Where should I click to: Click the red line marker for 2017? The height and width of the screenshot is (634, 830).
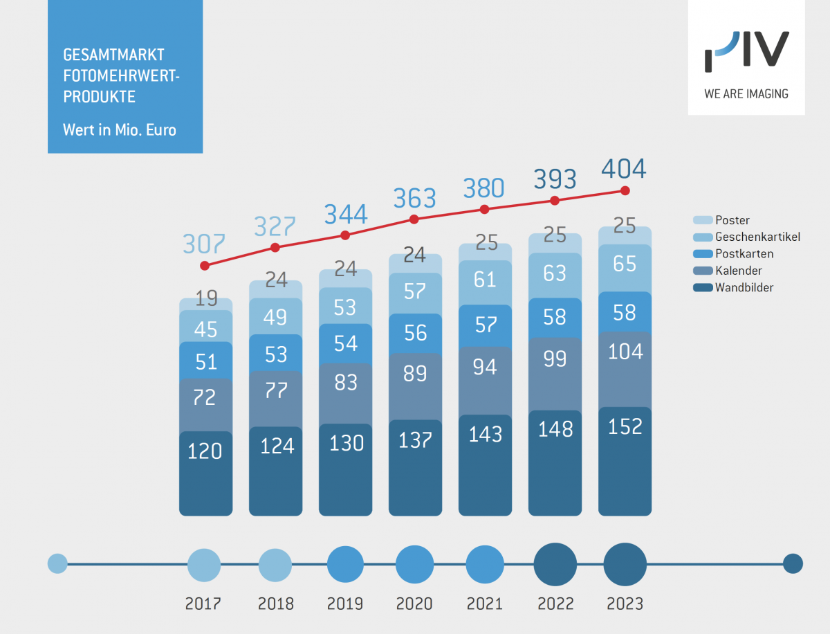coord(205,265)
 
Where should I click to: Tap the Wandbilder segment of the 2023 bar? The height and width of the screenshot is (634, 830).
coord(625,460)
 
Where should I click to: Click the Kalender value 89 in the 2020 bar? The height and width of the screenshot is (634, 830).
coord(415,373)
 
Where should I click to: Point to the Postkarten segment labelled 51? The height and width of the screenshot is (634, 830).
coord(205,361)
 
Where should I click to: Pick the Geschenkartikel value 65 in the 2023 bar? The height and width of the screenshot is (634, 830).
coord(625,264)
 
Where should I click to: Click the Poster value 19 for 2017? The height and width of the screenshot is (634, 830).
coord(205,298)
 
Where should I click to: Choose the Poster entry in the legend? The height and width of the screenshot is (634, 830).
coord(732,220)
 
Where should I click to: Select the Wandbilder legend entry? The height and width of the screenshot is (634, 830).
coord(744,287)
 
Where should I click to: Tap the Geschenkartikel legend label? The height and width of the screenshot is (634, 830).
coord(757,237)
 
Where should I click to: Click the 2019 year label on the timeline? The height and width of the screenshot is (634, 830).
coord(345,604)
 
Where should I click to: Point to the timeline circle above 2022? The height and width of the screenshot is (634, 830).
coord(555,564)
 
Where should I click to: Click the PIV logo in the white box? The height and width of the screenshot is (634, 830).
coord(746,52)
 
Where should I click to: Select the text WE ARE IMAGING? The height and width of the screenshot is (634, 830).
coord(746,93)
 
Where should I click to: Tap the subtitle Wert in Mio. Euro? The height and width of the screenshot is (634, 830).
coord(119,129)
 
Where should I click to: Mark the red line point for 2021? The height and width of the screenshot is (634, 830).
coord(484,209)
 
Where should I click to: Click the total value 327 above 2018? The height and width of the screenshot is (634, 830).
coord(275,226)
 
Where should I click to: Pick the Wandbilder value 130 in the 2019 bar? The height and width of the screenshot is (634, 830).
coord(345,442)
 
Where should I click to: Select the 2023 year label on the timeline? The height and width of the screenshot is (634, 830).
coord(625,604)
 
